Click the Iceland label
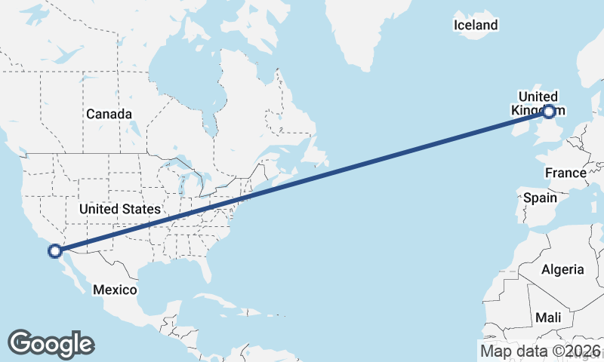476,26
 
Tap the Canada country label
109,114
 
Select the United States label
119,209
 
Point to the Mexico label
114,290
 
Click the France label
565,173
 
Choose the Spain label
540,198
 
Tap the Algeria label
562,269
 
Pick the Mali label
547,318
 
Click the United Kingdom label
538,103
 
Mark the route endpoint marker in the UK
549,112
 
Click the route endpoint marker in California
54,251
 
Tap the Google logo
51,344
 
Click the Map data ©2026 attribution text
540,351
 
